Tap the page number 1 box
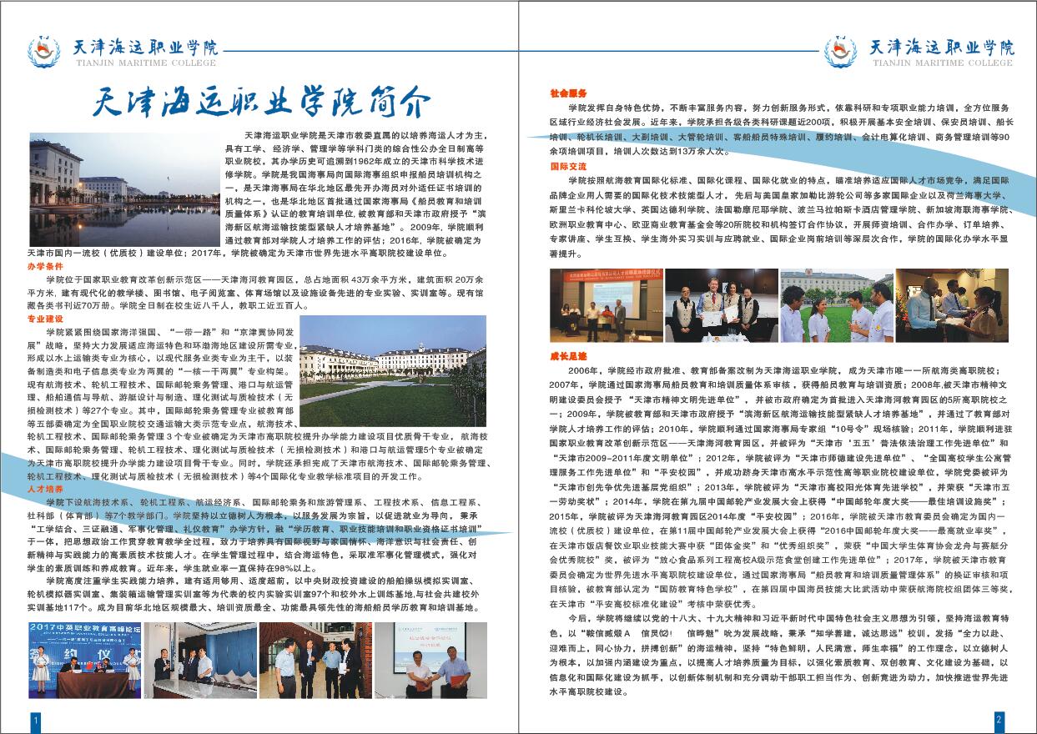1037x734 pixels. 34,719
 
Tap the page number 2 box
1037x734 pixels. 999,719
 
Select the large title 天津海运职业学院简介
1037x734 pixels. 261,103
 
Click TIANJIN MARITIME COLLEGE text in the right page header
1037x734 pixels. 941,63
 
